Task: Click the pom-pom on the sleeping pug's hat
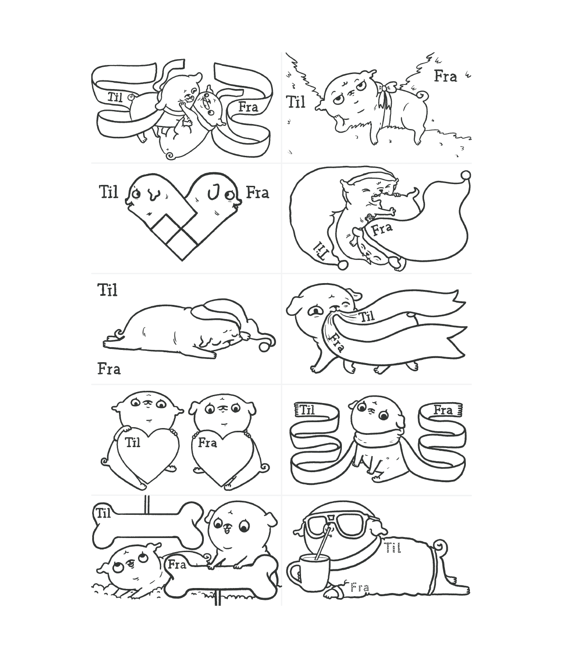click(264, 347)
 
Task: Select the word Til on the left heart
click(132, 443)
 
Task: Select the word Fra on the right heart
click(207, 443)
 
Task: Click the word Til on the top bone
click(104, 513)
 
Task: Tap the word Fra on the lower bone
click(177, 564)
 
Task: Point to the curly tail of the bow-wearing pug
click(422, 95)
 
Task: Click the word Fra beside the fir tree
click(445, 76)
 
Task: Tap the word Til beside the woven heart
click(109, 192)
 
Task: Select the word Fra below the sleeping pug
click(109, 369)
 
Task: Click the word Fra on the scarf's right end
click(443, 410)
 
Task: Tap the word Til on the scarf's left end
click(307, 410)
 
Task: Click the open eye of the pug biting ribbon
click(315, 310)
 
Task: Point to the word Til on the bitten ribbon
click(366, 317)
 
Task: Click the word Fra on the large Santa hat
click(382, 229)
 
